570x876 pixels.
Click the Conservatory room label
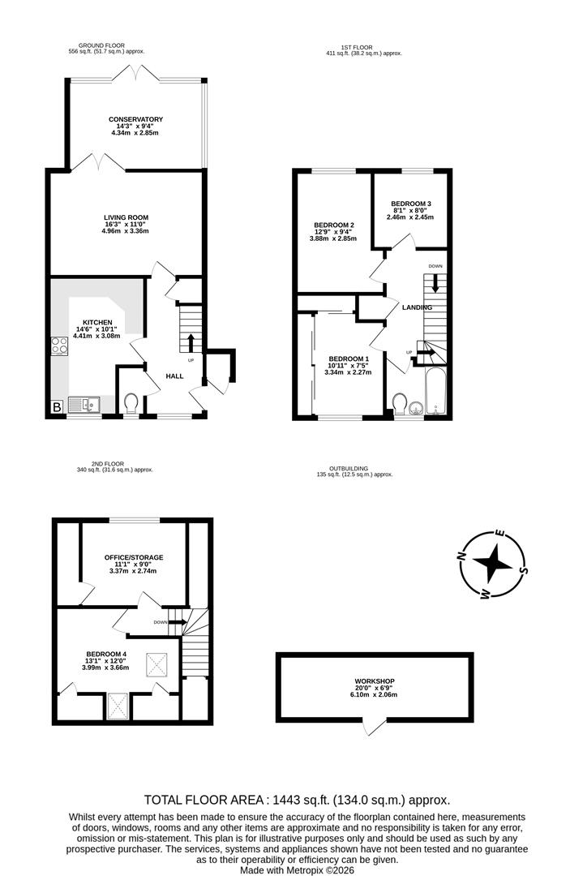point(135,119)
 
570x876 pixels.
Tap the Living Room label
point(126,218)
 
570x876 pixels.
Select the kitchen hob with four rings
point(59,346)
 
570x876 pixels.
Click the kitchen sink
point(84,404)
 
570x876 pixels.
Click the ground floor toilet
point(131,403)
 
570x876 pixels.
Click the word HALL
point(175,376)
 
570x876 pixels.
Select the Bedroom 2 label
point(333,225)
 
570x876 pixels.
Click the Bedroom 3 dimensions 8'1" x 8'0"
point(411,211)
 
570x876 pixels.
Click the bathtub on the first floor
point(436,392)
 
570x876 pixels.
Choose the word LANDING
point(417,308)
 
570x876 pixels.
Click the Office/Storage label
point(134,557)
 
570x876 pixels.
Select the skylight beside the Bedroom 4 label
point(156,665)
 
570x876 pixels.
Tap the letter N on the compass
point(461,556)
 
